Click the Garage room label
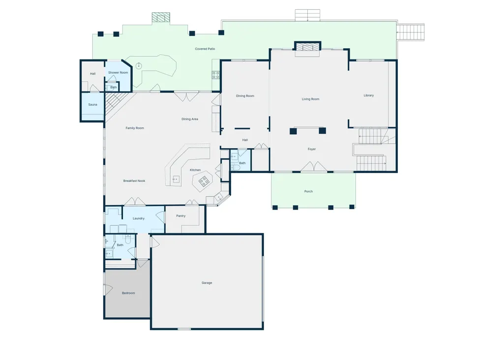pyautogui.click(x=207, y=283)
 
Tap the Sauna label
pyautogui.click(x=92, y=104)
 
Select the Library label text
pyautogui.click(x=369, y=95)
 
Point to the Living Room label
pyautogui.click(x=310, y=99)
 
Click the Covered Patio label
pyautogui.click(x=205, y=49)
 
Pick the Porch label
pyautogui.click(x=309, y=191)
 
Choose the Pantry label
pyautogui.click(x=181, y=216)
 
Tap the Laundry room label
pyautogui.click(x=139, y=218)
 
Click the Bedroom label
pyautogui.click(x=128, y=293)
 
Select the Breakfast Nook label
pyautogui.click(x=134, y=181)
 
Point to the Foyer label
pyautogui.click(x=312, y=149)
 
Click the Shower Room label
pyautogui.click(x=118, y=73)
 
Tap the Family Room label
pyautogui.click(x=135, y=128)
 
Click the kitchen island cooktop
pyautogui.click(x=204, y=181)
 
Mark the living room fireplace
pyautogui.click(x=308, y=46)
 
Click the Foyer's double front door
pyautogui.click(x=314, y=167)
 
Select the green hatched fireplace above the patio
pyautogui.click(x=161, y=17)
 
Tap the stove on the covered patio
pyautogui.click(x=215, y=75)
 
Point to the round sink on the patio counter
pyautogui.click(x=139, y=66)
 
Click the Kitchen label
pyautogui.click(x=195, y=170)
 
